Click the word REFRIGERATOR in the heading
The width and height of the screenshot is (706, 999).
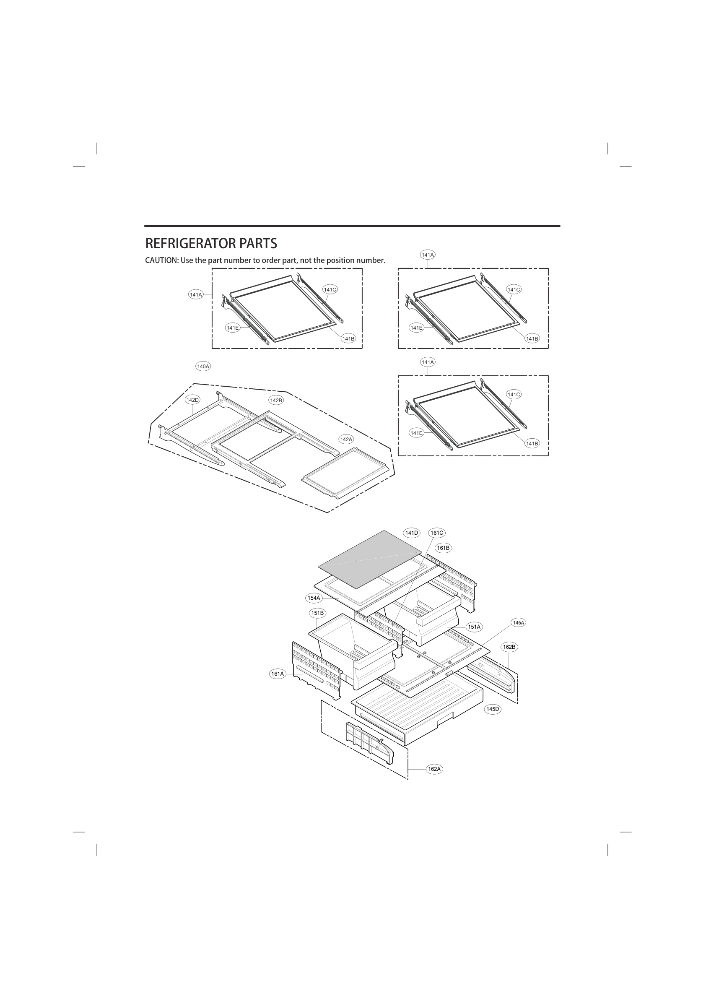[x=187, y=243]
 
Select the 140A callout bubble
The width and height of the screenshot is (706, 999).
[x=203, y=367]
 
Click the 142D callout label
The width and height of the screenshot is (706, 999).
[x=192, y=400]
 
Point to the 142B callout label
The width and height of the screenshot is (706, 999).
[x=276, y=400]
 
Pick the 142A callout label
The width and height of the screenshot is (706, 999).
[x=346, y=440]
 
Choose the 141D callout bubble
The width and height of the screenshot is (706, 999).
[x=412, y=533]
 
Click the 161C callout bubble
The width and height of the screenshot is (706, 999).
[x=437, y=533]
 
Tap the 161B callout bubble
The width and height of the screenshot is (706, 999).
[x=443, y=548]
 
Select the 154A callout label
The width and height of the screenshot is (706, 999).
[x=314, y=598]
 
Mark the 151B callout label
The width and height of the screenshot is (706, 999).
[x=317, y=613]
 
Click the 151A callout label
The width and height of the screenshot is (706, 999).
[x=474, y=627]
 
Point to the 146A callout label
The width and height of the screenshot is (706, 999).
[x=519, y=623]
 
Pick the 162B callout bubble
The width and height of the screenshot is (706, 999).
[x=509, y=647]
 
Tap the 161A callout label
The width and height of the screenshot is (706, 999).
[x=278, y=674]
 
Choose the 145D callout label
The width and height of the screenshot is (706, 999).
[x=493, y=709]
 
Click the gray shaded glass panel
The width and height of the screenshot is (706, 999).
[x=370, y=559]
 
